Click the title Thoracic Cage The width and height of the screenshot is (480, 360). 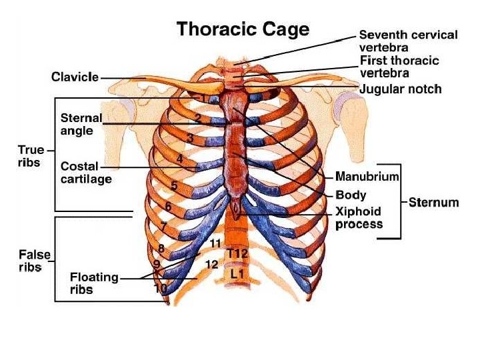242,29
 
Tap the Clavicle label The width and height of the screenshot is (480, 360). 75,77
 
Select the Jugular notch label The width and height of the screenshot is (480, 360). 400,89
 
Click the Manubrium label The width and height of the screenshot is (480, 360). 367,177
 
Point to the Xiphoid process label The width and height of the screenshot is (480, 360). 359,218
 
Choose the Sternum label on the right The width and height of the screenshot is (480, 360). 434,202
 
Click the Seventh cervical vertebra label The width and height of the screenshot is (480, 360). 408,41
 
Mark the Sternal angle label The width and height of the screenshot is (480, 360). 81,124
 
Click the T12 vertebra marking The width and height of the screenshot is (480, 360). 237,253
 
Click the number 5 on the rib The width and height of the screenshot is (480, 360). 173,186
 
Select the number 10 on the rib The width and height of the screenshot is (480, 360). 161,289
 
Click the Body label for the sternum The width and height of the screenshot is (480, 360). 351,196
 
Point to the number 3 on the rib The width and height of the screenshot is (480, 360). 190,139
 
